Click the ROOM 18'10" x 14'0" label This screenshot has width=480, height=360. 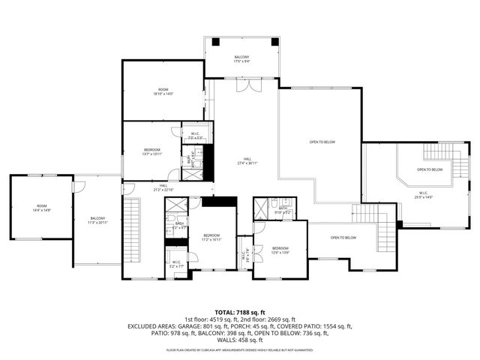point(163,92)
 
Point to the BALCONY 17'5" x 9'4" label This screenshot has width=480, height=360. point(241,59)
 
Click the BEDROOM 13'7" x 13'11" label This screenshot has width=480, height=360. point(152,152)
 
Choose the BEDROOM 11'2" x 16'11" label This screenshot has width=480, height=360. point(211,239)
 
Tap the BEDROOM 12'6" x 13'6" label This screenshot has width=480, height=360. point(280,250)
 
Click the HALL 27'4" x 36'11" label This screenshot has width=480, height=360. point(247,161)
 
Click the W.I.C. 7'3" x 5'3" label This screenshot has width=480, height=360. point(194,136)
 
